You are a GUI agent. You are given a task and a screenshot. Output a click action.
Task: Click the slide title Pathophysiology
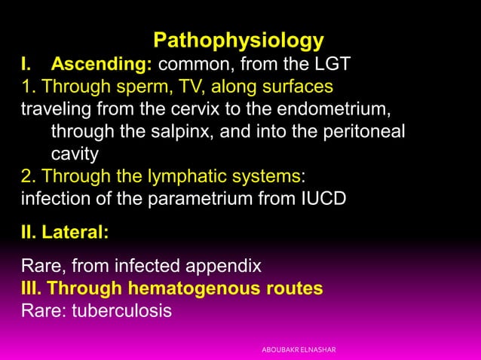(239, 39)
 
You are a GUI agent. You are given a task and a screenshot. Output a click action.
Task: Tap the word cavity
(75, 153)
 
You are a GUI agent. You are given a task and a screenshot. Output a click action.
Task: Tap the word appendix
(222, 266)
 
